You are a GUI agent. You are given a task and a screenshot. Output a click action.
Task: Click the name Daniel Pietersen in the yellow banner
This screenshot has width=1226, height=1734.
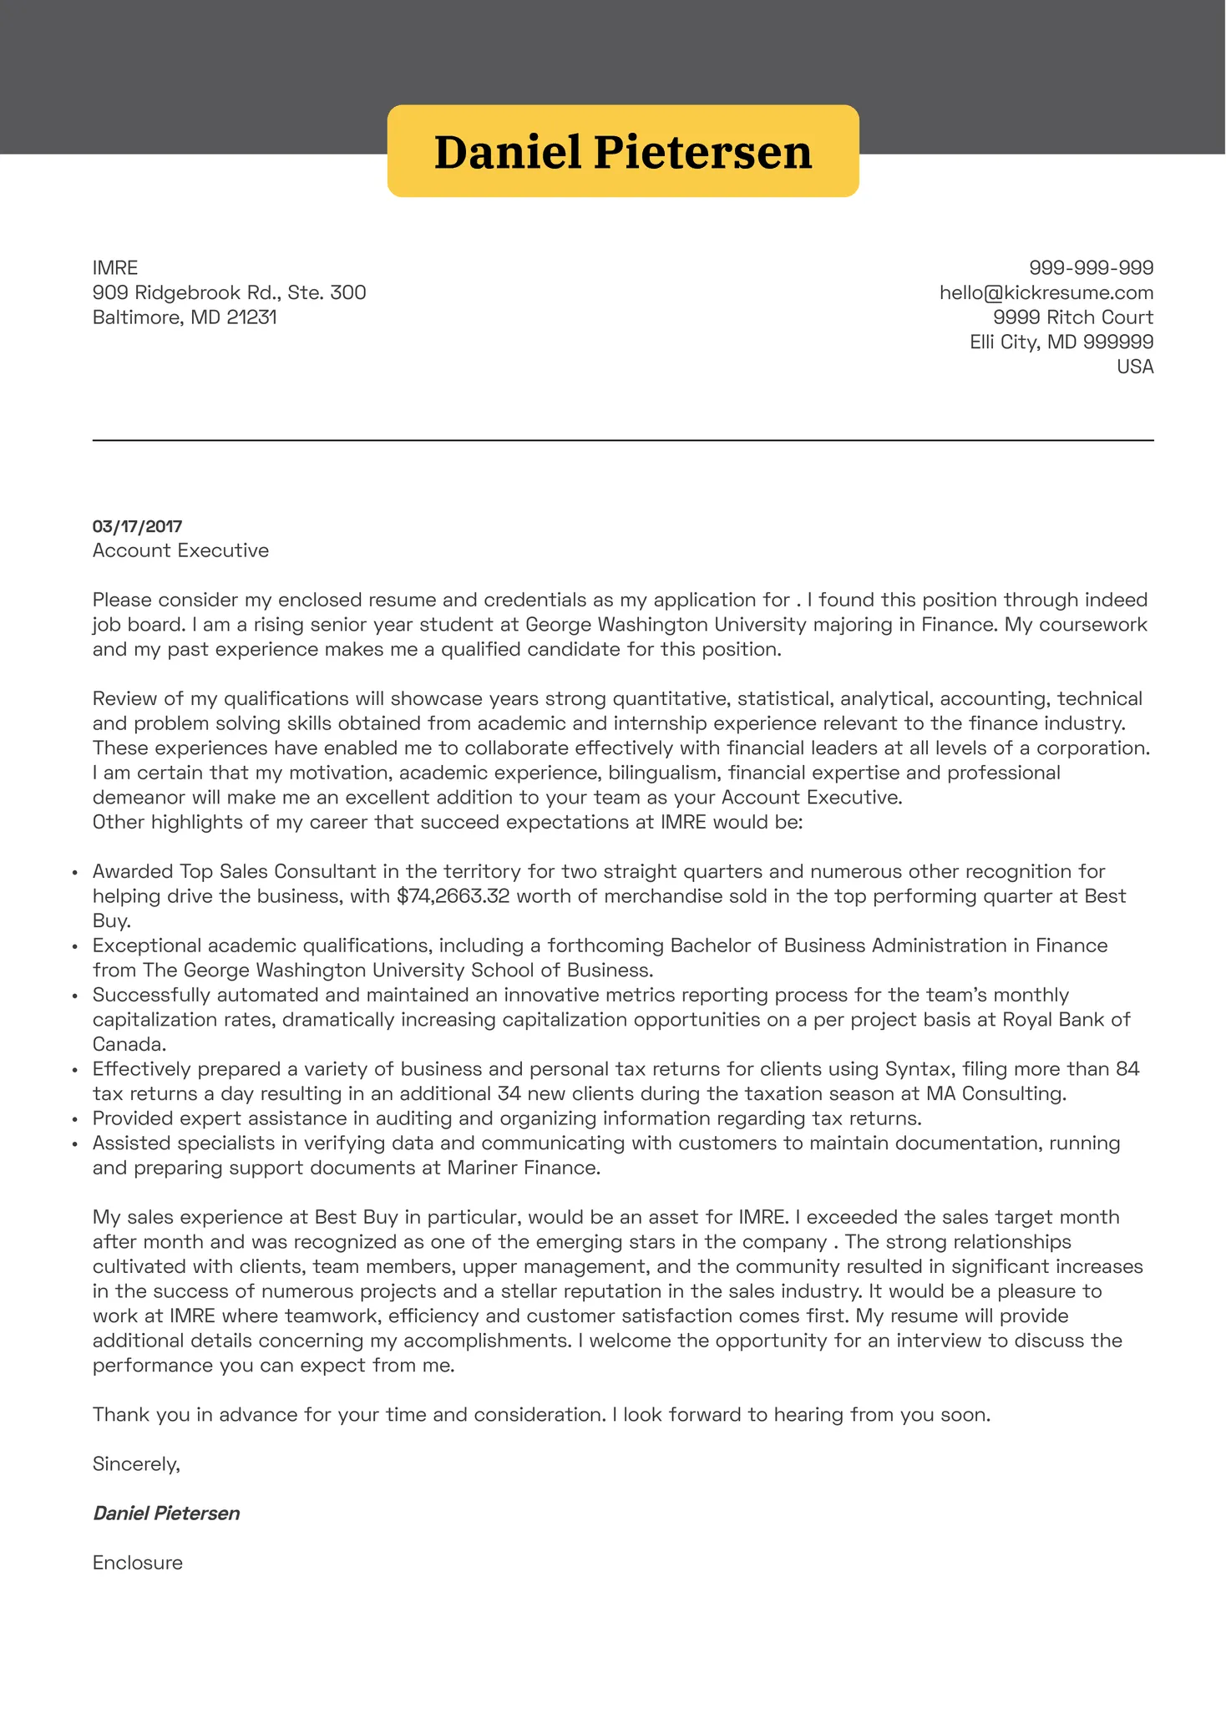coord(622,152)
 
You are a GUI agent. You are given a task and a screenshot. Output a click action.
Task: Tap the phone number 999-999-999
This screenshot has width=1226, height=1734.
coord(1091,268)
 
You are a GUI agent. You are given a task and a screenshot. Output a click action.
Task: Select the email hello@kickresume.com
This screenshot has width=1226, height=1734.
coord(1046,293)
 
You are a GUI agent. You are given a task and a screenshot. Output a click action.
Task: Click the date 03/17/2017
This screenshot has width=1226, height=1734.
coord(137,526)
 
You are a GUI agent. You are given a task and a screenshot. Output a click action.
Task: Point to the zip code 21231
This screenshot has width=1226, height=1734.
coord(251,317)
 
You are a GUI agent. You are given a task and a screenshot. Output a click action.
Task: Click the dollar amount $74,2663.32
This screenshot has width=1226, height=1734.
coord(453,896)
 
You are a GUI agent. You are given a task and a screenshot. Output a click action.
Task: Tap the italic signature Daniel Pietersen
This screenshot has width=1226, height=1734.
coord(166,1513)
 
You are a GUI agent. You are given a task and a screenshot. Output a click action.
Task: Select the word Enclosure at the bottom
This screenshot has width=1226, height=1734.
coord(137,1563)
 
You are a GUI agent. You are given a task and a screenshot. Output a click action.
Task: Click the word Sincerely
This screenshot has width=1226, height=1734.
coord(135,1464)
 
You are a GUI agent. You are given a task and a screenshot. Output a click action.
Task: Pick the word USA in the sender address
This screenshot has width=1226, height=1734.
coord(1134,367)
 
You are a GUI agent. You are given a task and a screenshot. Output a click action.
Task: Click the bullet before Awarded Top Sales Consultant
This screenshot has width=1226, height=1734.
coord(75,873)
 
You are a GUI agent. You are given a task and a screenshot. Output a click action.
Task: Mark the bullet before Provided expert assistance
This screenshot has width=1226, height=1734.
coord(75,1119)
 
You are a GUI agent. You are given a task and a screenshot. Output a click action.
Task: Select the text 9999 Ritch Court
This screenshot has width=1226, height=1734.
coord(1072,317)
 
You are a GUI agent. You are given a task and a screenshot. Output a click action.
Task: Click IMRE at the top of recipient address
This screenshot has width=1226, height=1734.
coord(114,268)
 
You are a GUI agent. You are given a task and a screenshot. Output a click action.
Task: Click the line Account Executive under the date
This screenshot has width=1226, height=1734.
coord(180,550)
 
